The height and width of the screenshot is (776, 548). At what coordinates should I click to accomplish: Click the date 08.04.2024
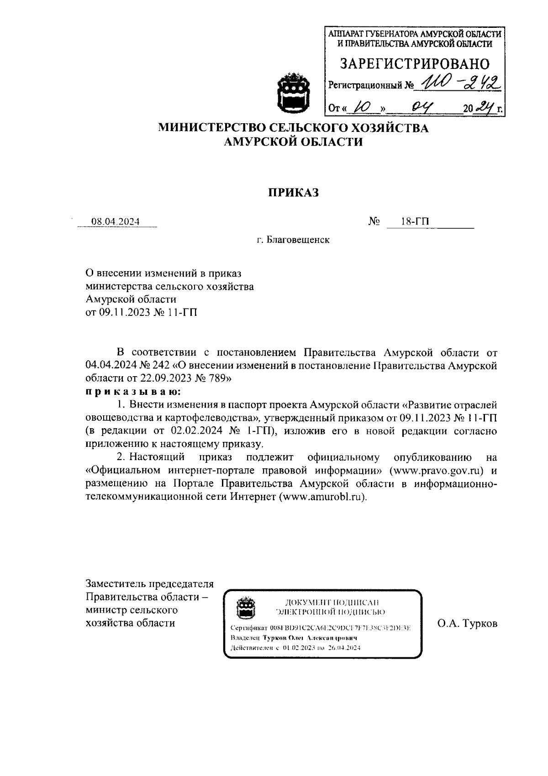tap(116, 222)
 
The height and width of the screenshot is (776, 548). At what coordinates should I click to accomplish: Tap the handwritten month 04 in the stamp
tap(422, 108)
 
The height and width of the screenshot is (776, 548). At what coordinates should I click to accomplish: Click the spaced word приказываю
tap(133, 392)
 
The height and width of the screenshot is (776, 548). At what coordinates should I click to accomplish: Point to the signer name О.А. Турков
tap(467, 624)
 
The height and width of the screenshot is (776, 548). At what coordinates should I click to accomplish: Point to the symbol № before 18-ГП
tap(374, 222)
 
